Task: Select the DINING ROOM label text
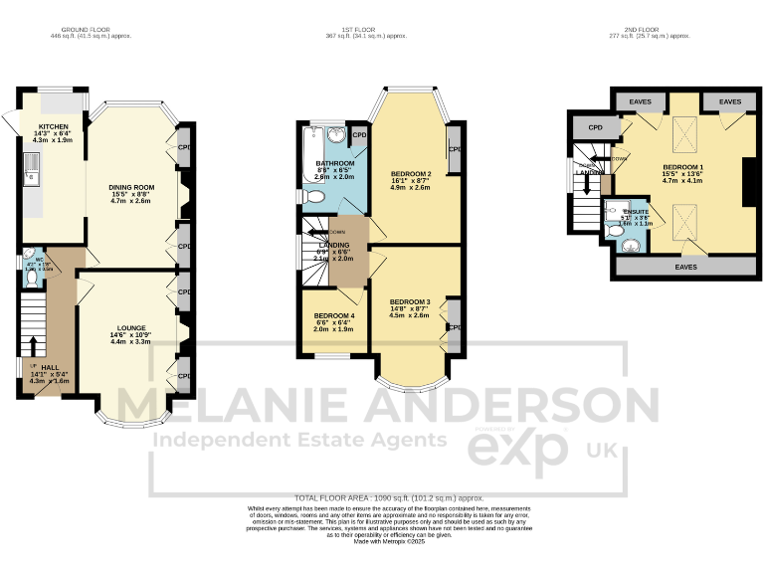pyautogui.click(x=131, y=187)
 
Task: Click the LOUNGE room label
pyautogui.click(x=131, y=327)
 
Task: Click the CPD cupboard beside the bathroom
pyautogui.click(x=359, y=134)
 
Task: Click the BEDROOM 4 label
pyautogui.click(x=333, y=315)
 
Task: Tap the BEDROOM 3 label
pyautogui.click(x=410, y=301)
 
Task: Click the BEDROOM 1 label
pyautogui.click(x=683, y=166)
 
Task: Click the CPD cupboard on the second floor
pyautogui.click(x=596, y=127)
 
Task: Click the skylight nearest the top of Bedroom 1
pyautogui.click(x=685, y=129)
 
